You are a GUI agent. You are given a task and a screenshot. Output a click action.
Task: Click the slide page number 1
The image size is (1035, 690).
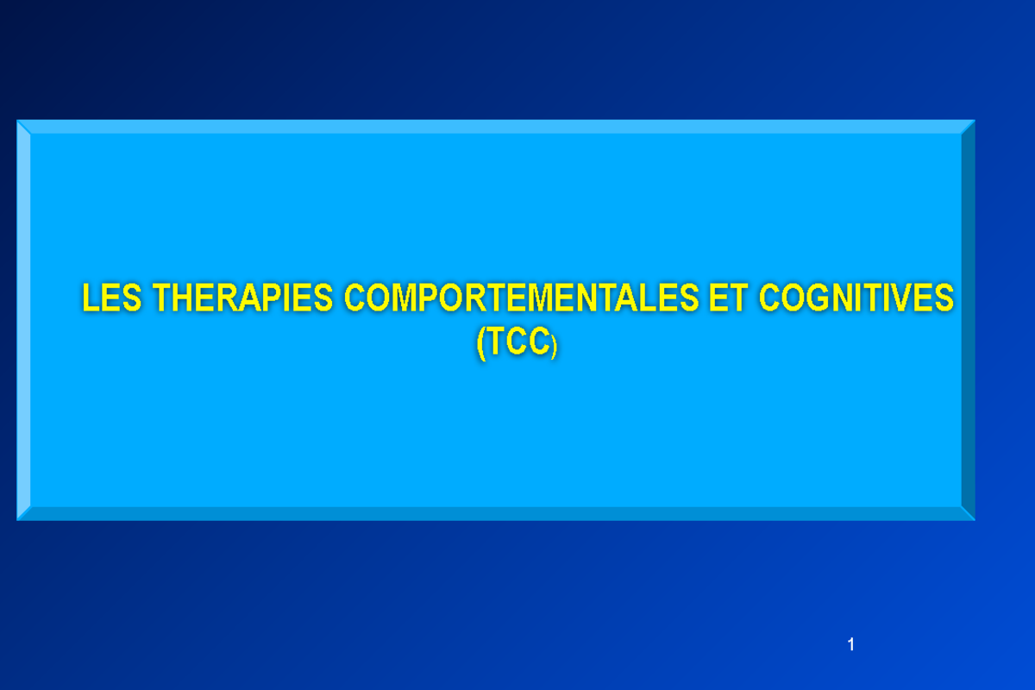(x=850, y=645)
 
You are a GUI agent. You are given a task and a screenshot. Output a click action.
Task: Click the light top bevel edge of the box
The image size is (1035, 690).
(x=496, y=127)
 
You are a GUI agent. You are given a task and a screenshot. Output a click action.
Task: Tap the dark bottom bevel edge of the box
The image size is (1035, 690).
(x=496, y=513)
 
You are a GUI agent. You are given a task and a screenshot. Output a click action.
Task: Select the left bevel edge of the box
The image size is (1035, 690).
(x=24, y=320)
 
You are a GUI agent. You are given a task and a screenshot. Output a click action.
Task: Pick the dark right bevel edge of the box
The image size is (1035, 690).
(x=968, y=320)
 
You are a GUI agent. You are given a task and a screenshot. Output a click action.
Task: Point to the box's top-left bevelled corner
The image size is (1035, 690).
(x=23, y=126)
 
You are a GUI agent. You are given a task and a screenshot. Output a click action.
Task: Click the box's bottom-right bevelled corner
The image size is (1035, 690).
(x=969, y=514)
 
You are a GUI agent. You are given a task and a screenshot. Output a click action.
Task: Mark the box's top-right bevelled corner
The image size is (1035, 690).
(x=969, y=126)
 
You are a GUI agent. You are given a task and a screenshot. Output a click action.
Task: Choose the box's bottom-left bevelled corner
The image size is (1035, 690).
(x=23, y=514)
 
